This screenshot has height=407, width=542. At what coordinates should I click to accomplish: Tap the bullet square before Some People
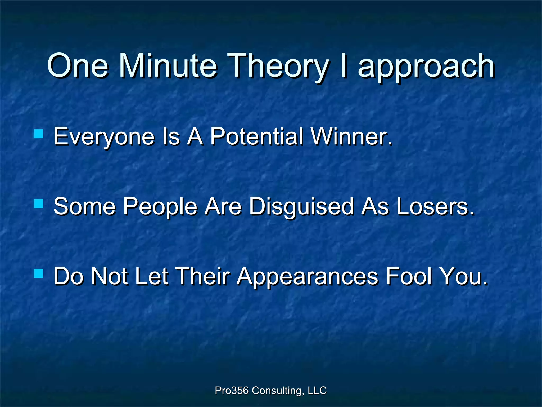(x=39, y=204)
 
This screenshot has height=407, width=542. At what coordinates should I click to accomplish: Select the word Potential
(x=256, y=137)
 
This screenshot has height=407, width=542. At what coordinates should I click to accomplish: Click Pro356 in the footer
(x=231, y=390)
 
